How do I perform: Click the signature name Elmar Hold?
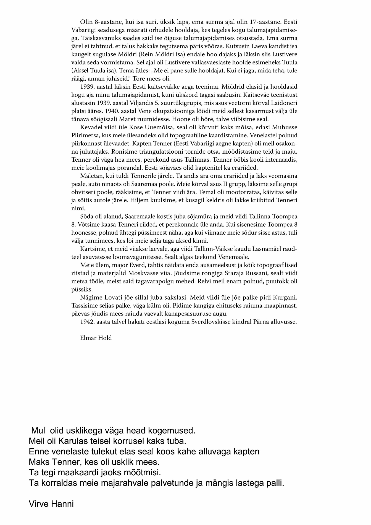click(x=96, y=338)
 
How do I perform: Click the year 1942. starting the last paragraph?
click(x=86, y=322)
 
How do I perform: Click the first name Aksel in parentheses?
click(x=80, y=71)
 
